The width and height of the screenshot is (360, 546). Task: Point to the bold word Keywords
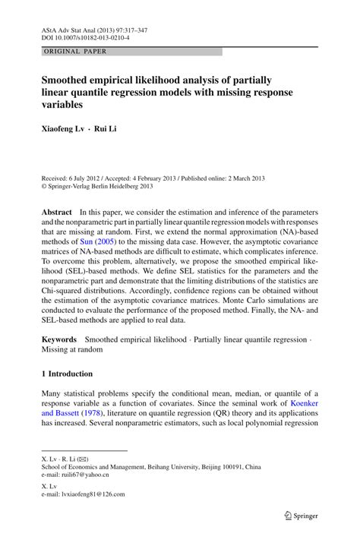pyautogui.click(x=60, y=336)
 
